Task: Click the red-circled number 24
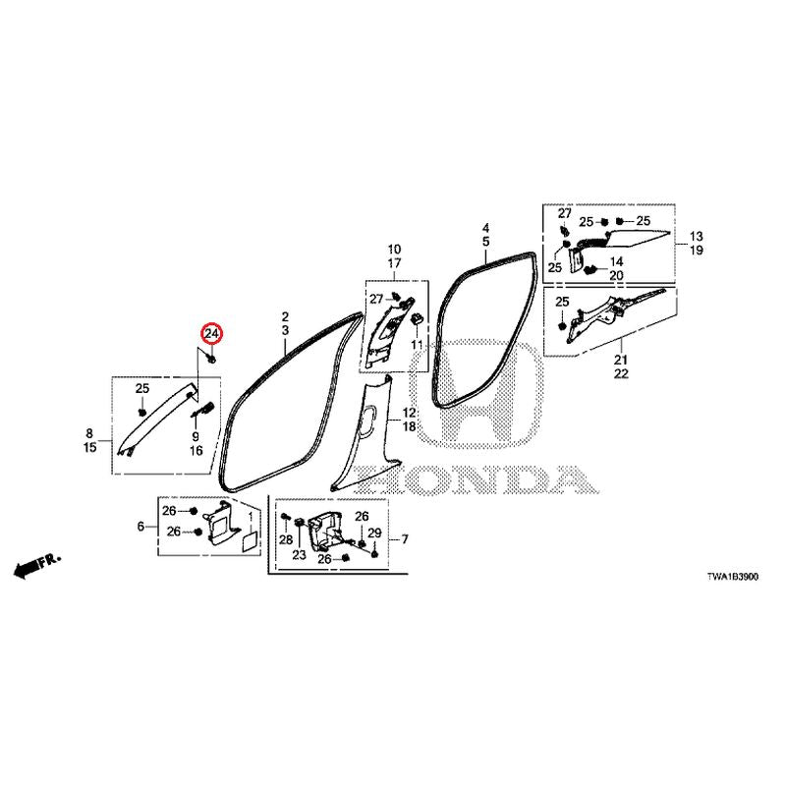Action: (x=211, y=333)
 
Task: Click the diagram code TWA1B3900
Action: (x=732, y=577)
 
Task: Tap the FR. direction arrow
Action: (x=36, y=565)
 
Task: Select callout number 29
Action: (x=374, y=533)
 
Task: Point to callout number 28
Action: (x=286, y=539)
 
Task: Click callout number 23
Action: (x=300, y=555)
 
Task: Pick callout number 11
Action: (x=417, y=345)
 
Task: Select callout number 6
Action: (x=140, y=527)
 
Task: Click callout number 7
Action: (x=405, y=539)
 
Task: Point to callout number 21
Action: (x=621, y=360)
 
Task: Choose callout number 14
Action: (x=616, y=261)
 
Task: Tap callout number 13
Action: (x=697, y=236)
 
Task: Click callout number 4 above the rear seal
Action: (x=485, y=228)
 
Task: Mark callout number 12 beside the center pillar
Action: (x=409, y=413)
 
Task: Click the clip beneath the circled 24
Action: (x=211, y=359)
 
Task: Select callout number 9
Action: (x=196, y=436)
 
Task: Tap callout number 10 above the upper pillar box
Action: (x=394, y=250)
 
